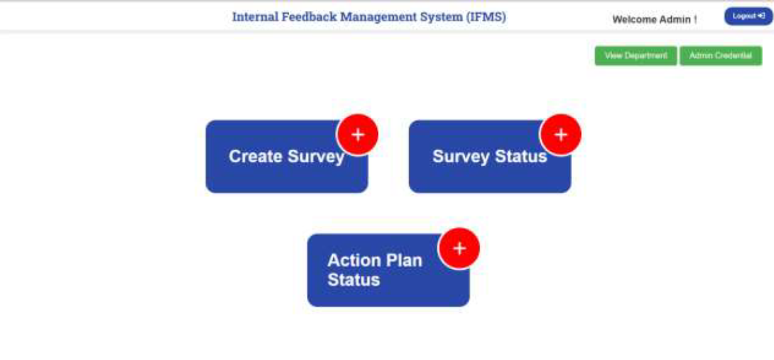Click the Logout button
coord(748,17)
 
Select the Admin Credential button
coord(720,56)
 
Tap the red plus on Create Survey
coord(357,135)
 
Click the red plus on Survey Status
coord(561,135)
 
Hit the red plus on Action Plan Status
coord(459,249)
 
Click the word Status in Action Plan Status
coord(353,280)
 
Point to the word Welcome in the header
coord(635,19)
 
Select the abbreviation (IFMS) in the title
coord(486,17)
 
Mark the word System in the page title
coord(440,17)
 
